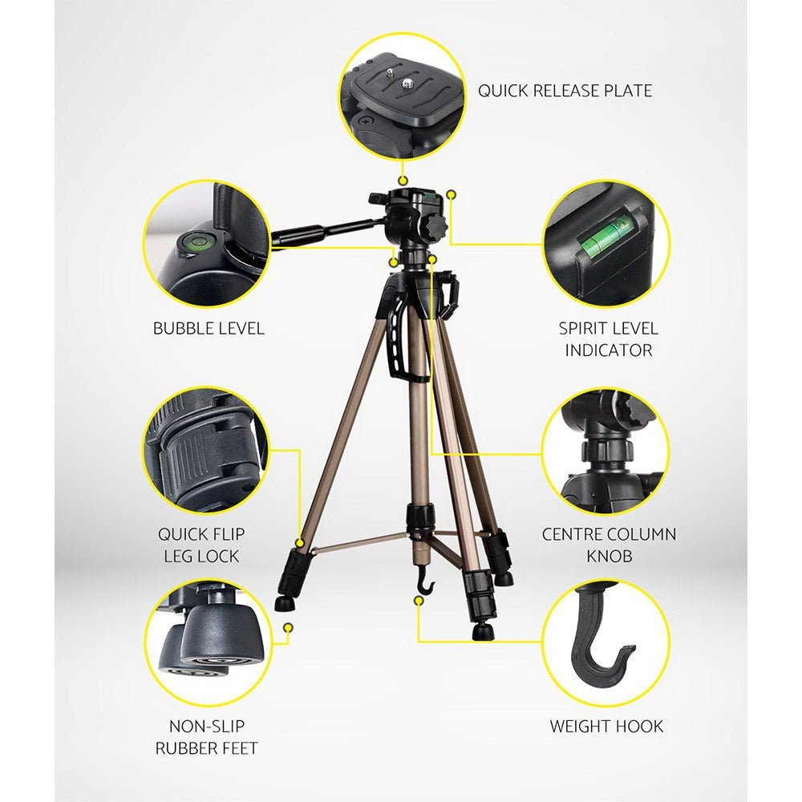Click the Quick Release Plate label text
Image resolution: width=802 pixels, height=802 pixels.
point(565,91)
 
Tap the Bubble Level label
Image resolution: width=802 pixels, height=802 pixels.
point(209,328)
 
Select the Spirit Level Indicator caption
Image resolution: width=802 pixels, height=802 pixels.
point(608,339)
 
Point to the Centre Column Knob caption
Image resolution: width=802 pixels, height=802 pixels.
point(609,545)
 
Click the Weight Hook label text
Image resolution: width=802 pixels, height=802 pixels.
point(606,727)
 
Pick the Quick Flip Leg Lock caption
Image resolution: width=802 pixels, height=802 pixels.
point(201,545)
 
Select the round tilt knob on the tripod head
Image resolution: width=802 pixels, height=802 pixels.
point(434,226)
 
